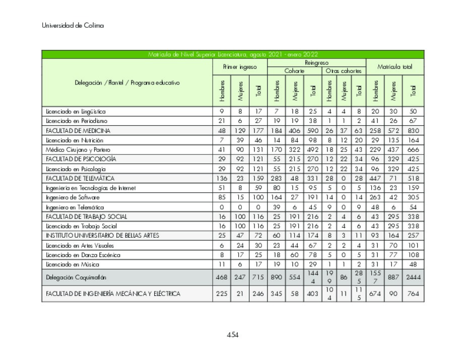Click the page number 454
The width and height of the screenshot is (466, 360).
232,335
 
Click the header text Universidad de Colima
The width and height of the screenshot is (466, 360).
73,26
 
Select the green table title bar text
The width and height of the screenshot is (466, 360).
233,54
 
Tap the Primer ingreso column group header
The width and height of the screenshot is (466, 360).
240,66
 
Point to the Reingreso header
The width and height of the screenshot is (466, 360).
316,62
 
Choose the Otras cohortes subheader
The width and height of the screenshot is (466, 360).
343,71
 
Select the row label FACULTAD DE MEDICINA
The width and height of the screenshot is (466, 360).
78,130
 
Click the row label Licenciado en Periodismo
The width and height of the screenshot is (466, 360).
77,121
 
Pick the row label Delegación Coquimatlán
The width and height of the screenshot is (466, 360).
76,277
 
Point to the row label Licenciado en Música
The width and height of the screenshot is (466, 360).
73,264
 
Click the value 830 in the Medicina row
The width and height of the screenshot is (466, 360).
413,130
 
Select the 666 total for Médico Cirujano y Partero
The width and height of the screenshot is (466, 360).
413,150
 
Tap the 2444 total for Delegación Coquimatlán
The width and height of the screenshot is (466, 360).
413,277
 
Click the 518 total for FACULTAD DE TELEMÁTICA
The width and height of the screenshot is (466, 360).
413,178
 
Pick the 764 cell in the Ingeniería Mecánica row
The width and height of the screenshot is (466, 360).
413,294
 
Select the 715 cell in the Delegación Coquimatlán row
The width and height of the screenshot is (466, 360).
258,277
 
